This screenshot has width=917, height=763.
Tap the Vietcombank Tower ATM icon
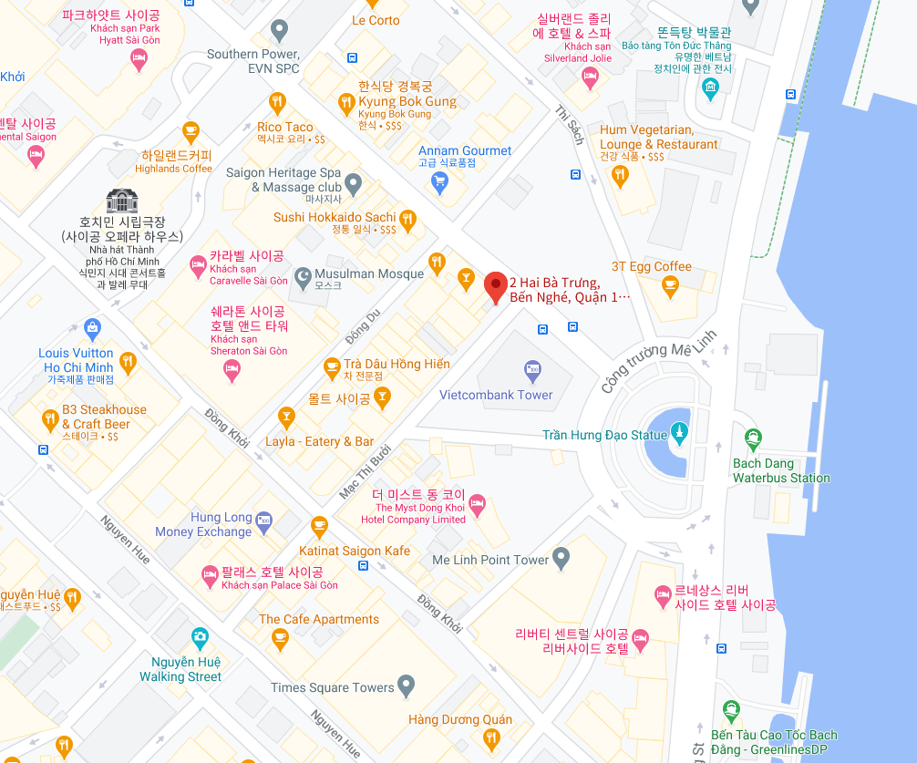pyautogui.click(x=532, y=370)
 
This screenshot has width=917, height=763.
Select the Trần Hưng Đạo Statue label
pyautogui.click(x=604, y=435)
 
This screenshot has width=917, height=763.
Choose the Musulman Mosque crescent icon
pyautogui.click(x=302, y=274)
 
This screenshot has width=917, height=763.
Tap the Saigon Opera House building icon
pyautogui.click(x=121, y=201)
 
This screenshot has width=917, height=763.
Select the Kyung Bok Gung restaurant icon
pyautogui.click(x=345, y=104)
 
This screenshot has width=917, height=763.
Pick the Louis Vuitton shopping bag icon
pyautogui.click(x=92, y=327)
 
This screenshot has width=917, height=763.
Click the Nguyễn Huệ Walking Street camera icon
pyautogui.click(x=201, y=637)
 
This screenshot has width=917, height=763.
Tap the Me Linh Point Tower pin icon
pyautogui.click(x=562, y=555)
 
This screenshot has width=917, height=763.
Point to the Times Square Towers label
pyautogui.click(x=332, y=687)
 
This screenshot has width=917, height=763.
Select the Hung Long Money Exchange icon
pyautogui.click(x=264, y=522)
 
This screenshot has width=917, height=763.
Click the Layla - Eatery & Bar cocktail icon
pyautogui.click(x=286, y=418)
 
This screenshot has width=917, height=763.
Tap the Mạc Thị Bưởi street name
pyautogui.click(x=366, y=471)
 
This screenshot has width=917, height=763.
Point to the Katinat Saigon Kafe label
pyautogui.click(x=355, y=551)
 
